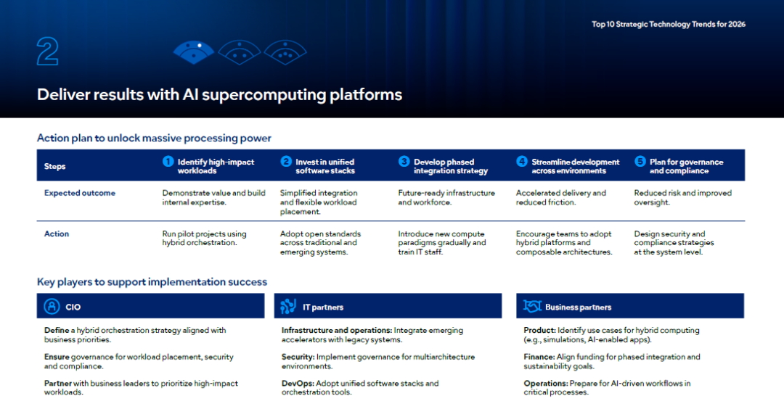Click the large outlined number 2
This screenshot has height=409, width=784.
[x=47, y=51]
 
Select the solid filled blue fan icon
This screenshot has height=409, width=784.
[x=194, y=52]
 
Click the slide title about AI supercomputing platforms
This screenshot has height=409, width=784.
[x=219, y=94]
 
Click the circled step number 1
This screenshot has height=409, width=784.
[x=168, y=161]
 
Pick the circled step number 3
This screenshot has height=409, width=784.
[x=404, y=161]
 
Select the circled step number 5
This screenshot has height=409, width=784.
[x=640, y=161]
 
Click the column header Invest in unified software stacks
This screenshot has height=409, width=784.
[x=325, y=166]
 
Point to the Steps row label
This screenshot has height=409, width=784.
[x=54, y=166]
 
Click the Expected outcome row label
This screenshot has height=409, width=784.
[x=80, y=193]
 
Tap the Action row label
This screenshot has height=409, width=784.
[x=57, y=234]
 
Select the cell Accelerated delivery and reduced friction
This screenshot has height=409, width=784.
[x=561, y=197]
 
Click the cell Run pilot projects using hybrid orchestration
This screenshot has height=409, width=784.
[x=204, y=238]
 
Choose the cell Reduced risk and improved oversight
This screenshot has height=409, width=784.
[x=682, y=197]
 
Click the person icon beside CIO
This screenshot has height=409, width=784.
[x=52, y=306]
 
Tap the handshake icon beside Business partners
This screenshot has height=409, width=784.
[x=532, y=305]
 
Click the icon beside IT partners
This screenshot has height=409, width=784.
[x=288, y=306]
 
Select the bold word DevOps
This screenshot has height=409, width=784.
[x=298, y=384]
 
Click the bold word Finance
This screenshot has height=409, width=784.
[x=539, y=357]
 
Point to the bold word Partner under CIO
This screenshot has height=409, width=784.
[x=58, y=384]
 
